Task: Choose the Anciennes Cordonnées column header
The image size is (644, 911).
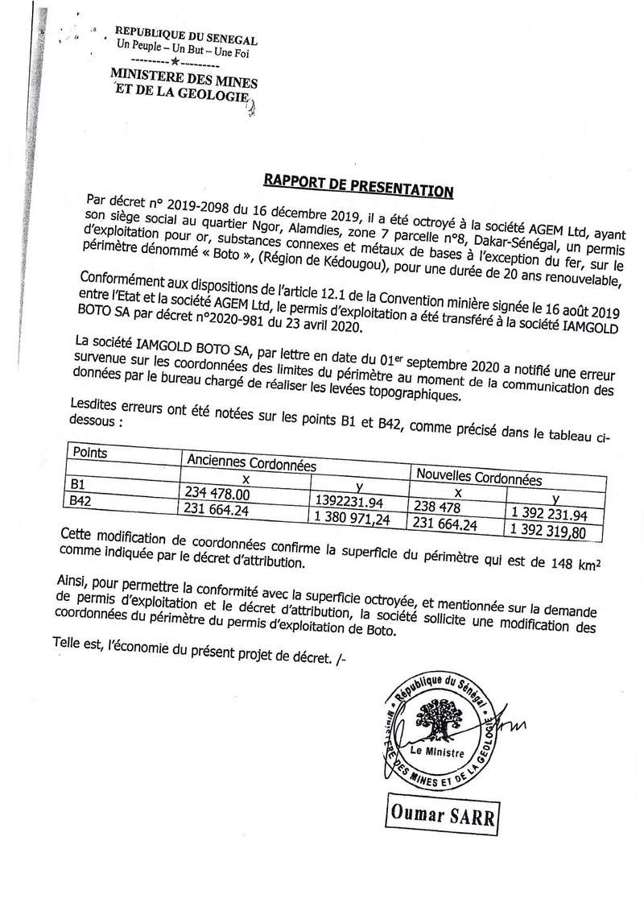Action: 251,464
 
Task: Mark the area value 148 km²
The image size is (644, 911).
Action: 576,561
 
